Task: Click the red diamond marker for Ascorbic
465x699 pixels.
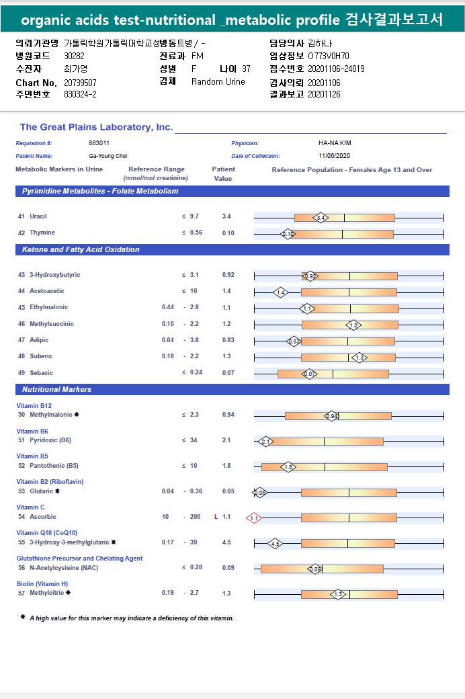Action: tap(254, 518)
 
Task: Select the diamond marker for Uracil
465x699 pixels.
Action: tap(321, 218)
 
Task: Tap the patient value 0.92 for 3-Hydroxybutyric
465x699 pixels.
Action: tap(228, 275)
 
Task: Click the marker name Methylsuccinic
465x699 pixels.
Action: tap(52, 324)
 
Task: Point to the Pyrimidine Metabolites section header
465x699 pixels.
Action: tap(100, 192)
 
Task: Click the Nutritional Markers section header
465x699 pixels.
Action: tap(56, 390)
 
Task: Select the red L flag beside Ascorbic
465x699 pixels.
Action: tap(216, 517)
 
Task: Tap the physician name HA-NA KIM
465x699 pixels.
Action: tap(335, 143)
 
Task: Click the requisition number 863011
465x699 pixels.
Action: tap(99, 143)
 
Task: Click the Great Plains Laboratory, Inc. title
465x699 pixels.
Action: tap(96, 127)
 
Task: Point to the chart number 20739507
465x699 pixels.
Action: tap(81, 82)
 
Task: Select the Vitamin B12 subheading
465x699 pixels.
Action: tap(34, 406)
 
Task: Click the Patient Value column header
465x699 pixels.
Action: tap(223, 174)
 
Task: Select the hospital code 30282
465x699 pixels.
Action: tap(75, 56)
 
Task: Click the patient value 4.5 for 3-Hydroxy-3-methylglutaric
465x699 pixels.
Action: tap(226, 542)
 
